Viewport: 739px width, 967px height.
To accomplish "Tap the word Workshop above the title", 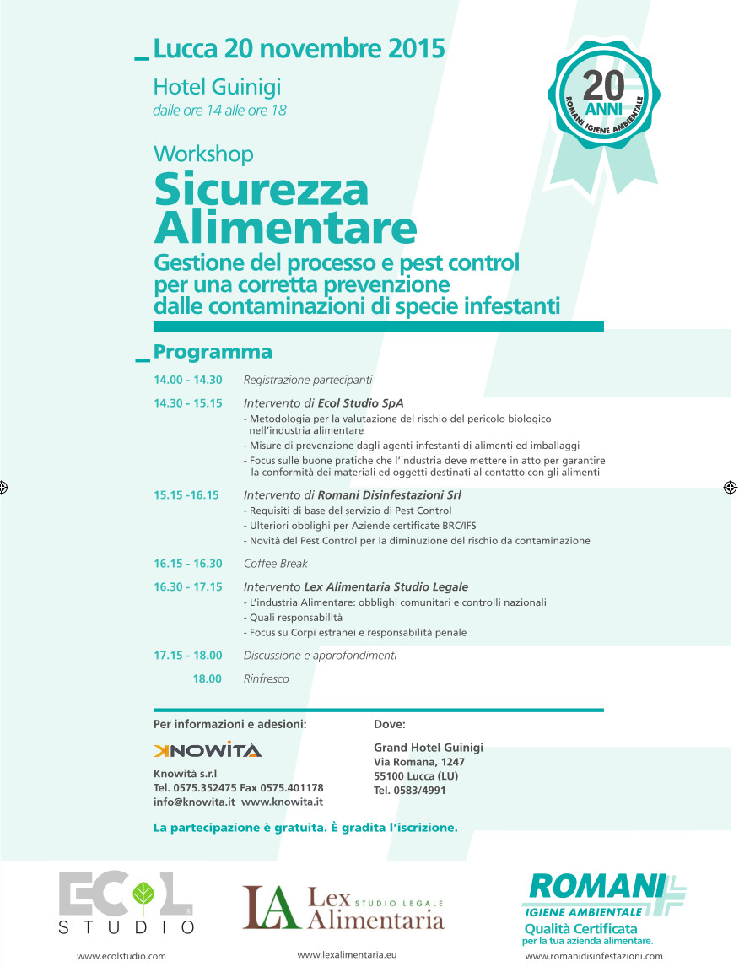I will pos(203,154).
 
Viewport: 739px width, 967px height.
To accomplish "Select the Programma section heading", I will pos(213,351).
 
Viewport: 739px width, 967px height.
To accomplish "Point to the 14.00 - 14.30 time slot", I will pos(187,381).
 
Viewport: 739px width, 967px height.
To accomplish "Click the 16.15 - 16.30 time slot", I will pos(187,564).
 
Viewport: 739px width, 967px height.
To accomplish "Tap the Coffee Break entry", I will pos(276,564).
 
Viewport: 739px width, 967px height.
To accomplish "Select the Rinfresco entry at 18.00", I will pos(266,678).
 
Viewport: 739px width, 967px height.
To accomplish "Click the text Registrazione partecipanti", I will pos(308,381).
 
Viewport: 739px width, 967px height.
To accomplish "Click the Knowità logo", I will pos(208,750).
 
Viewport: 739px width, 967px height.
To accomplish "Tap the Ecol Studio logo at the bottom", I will pos(127,903).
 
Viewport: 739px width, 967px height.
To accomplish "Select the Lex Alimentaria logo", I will pos(343,906).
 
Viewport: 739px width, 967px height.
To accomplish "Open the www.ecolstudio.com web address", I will pos(121,956).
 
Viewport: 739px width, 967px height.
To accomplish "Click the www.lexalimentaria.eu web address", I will pos(347,954).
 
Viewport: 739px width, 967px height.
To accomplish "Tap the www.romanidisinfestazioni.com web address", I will pos(594,956).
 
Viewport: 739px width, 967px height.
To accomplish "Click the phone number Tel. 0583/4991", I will pos(410,791).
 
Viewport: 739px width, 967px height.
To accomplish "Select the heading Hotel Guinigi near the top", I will pos(217,87).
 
